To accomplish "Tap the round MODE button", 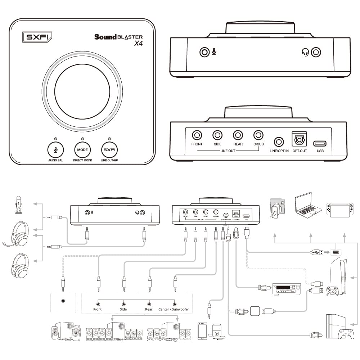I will (82, 149).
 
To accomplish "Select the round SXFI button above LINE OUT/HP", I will (109, 149).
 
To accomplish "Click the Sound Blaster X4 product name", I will (118, 40).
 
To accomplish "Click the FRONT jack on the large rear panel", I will (197, 135).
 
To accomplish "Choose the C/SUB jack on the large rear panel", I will (258, 135).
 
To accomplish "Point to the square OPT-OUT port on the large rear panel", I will (299, 139).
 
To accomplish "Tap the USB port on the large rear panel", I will (320, 144).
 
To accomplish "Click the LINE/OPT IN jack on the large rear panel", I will (279, 141).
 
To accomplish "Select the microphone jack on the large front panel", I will (204, 53).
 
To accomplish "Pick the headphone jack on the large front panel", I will (316, 53).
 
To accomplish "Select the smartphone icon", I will (202, 331).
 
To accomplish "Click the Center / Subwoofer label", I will (174, 309).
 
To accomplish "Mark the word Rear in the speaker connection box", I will (149, 309).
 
